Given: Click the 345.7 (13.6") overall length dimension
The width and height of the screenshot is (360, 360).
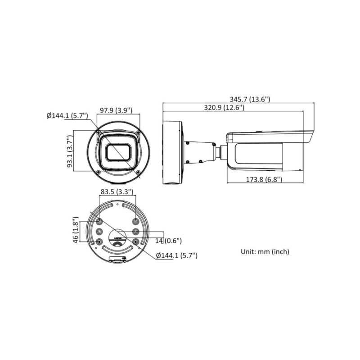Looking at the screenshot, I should click(x=250, y=99).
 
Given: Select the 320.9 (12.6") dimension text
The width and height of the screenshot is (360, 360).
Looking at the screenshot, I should click(x=217, y=108).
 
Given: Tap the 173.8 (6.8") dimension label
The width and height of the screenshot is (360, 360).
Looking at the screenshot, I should click(x=264, y=179).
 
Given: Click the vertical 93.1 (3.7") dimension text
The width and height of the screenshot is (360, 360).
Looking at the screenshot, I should click(x=70, y=151).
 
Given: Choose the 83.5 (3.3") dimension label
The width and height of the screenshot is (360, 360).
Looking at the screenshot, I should click(x=117, y=191).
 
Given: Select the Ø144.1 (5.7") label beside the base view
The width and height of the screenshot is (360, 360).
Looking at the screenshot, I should click(x=177, y=255).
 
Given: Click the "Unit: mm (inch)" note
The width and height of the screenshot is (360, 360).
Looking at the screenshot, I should click(x=265, y=251).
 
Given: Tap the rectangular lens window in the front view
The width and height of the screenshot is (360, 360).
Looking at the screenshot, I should click(x=119, y=153).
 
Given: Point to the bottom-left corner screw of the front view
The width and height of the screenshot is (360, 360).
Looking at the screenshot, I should click(x=98, y=173).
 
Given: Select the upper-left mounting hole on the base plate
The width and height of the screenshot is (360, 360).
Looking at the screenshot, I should click(x=99, y=221).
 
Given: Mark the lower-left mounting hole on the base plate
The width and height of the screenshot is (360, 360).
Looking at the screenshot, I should click(x=99, y=242).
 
